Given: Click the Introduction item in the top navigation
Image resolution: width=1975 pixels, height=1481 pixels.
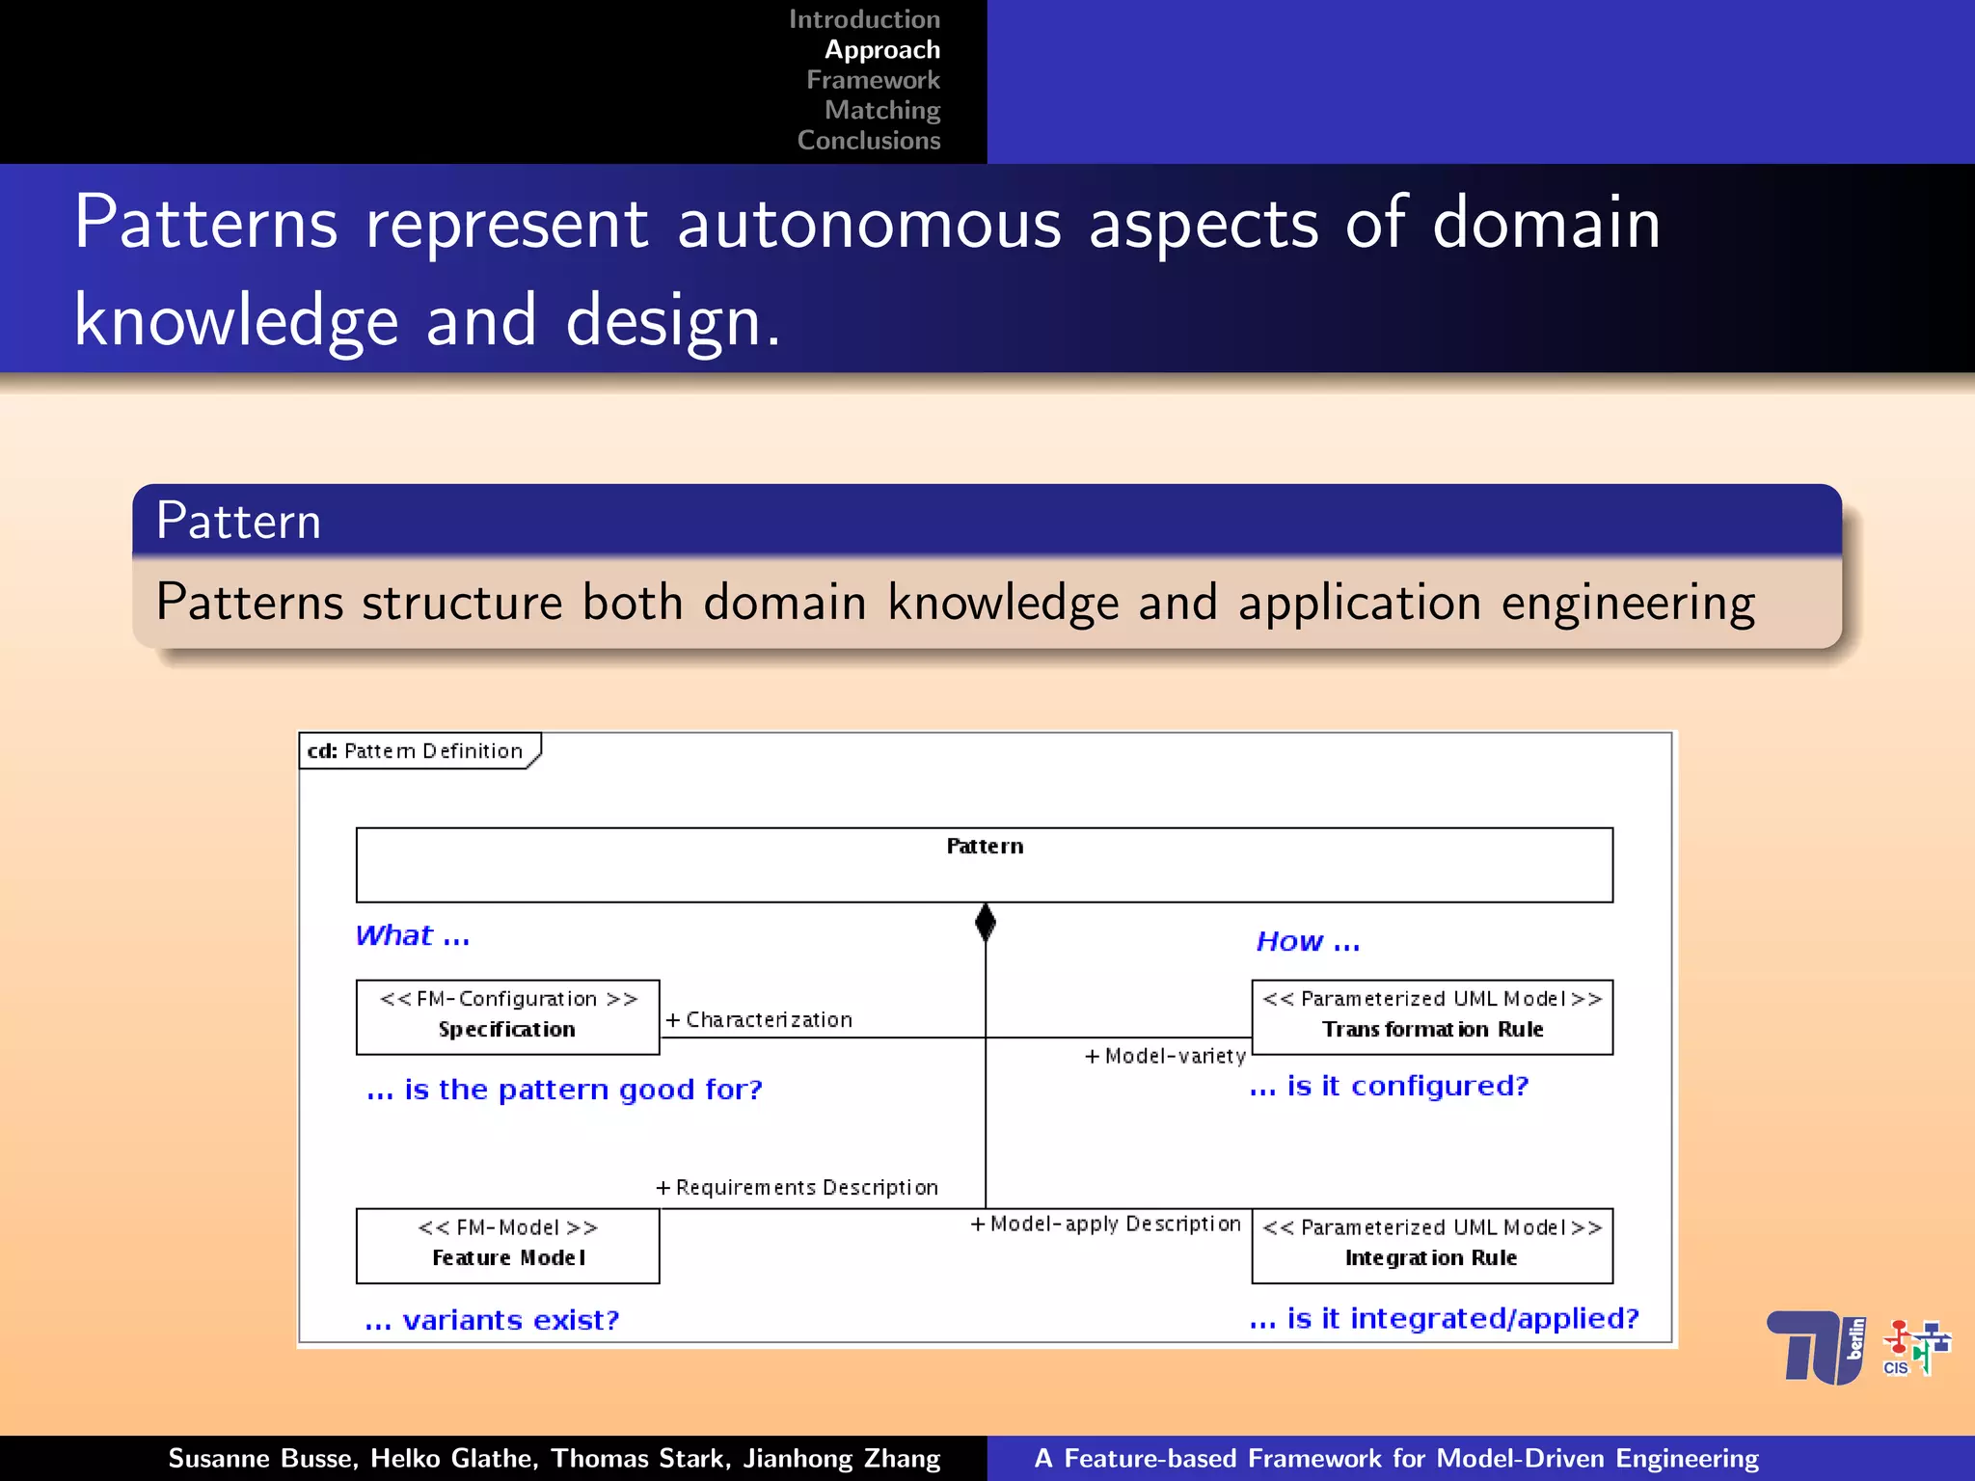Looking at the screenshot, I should (x=864, y=19).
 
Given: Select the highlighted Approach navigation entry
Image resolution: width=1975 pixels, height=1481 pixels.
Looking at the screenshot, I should (x=881, y=50).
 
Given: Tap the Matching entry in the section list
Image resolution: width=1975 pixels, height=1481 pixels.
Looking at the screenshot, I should (x=881, y=110).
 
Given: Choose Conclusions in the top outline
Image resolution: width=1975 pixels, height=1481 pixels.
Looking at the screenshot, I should (x=868, y=141).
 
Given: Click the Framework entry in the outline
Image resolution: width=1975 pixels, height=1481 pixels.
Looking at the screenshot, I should (x=873, y=80).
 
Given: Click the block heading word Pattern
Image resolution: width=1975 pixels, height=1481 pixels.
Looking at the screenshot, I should (x=238, y=522).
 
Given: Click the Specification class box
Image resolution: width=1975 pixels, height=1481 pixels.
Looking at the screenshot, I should (x=507, y=1017).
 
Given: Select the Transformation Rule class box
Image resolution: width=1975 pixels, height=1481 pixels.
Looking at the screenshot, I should (x=1431, y=1017).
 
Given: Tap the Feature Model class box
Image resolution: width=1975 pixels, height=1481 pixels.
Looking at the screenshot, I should (x=507, y=1245).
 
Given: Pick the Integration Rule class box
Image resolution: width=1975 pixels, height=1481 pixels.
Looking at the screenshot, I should (x=1431, y=1245).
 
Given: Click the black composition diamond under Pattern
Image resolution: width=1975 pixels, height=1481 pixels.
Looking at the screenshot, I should (x=985, y=923).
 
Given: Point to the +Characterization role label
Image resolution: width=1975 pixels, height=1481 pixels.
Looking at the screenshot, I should (x=760, y=1020).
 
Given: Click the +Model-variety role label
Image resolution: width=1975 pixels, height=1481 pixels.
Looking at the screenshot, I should (x=1165, y=1057).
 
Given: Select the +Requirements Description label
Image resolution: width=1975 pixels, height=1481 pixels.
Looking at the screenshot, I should (x=798, y=1188).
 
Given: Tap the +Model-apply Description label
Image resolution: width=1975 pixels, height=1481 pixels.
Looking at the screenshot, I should (x=1106, y=1225).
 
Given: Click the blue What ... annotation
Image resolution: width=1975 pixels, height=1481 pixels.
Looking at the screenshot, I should (x=413, y=936).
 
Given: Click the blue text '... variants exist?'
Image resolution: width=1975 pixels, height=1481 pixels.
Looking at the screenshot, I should (x=493, y=1320).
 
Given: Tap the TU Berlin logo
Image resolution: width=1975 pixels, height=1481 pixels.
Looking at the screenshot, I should (x=1816, y=1348).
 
